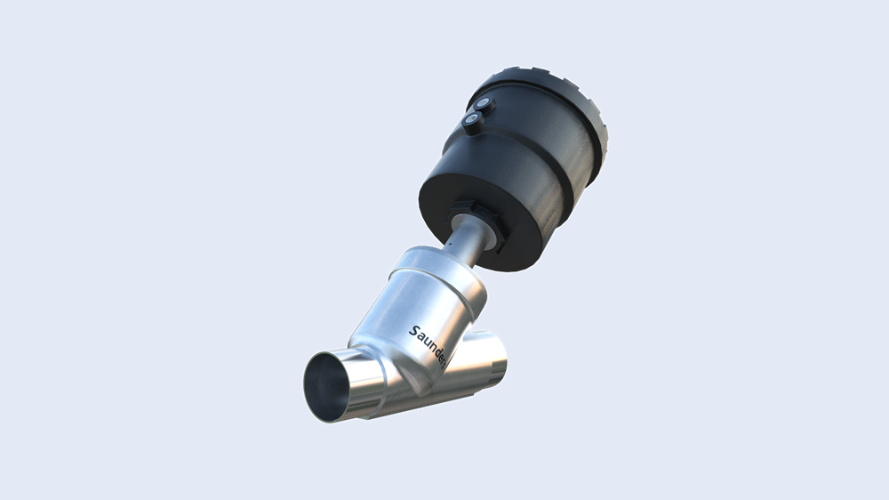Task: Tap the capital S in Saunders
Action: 414,331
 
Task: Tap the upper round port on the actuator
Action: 483,105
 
